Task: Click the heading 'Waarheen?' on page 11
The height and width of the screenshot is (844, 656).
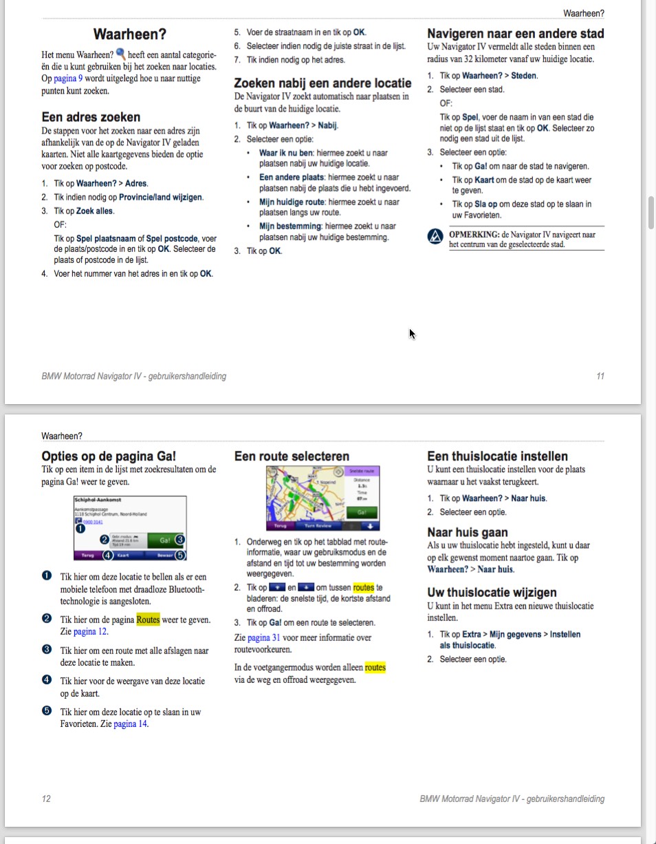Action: click(129, 34)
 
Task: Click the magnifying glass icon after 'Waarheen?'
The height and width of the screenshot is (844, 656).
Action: click(121, 54)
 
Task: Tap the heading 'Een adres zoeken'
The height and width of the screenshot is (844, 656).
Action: click(91, 117)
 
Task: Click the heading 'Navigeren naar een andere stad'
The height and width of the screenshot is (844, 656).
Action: click(516, 34)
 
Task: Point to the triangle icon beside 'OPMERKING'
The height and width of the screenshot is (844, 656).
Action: click(435, 237)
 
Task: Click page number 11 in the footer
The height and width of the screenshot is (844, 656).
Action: click(600, 377)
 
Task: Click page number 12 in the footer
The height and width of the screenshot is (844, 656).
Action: click(46, 799)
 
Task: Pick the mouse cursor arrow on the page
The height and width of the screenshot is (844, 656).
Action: click(411, 333)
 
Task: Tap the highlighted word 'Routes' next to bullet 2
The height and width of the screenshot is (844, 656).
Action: click(148, 620)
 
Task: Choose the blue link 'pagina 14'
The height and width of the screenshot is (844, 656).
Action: click(130, 724)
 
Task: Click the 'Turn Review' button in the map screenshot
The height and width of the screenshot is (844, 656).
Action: click(318, 525)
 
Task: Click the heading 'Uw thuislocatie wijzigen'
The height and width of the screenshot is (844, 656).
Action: click(492, 592)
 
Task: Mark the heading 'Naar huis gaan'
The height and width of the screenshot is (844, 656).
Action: click(468, 532)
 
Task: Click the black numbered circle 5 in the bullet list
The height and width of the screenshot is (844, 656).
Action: click(46, 712)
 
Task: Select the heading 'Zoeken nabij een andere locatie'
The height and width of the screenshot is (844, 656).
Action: click(322, 83)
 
